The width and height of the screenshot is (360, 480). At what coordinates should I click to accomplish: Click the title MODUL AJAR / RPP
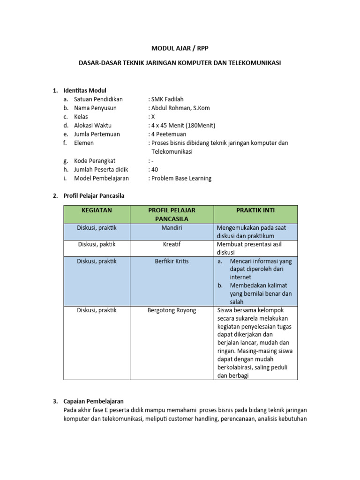(180, 47)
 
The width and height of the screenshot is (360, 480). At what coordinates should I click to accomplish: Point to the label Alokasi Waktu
(93, 125)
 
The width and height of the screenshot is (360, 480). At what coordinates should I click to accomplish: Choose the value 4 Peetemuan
(168, 134)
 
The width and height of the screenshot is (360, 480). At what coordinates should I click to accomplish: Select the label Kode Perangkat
(95, 160)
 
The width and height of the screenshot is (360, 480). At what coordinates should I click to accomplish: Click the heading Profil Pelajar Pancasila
(94, 195)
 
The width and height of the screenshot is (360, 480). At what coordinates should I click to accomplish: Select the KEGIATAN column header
(97, 210)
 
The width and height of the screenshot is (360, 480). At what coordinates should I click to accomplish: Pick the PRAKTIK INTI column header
(255, 210)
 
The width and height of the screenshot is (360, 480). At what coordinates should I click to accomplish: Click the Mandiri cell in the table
(172, 228)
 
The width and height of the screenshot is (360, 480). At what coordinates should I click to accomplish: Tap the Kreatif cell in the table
(172, 244)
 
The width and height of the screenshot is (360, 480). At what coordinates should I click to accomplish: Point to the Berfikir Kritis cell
(172, 261)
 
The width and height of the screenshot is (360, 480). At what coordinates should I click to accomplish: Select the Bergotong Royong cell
(172, 310)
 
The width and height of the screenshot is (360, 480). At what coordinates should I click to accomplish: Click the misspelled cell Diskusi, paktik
(97, 244)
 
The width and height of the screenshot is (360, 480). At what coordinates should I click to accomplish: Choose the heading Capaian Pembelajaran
(93, 401)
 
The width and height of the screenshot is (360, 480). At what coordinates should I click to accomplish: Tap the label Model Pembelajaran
(101, 178)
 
